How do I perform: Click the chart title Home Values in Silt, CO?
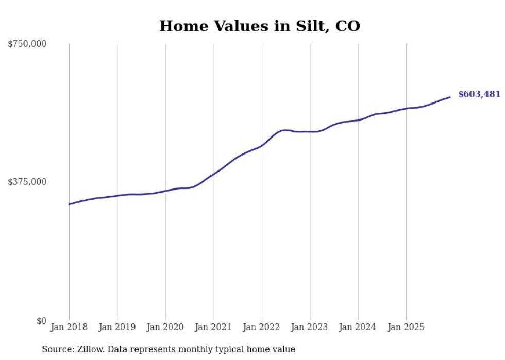(259, 26)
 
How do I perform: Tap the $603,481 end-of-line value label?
(479, 94)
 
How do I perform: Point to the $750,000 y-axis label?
(27, 44)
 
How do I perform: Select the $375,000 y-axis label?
(27, 182)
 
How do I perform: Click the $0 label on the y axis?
(41, 321)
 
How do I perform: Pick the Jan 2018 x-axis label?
(69, 327)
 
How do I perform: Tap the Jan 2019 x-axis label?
(117, 327)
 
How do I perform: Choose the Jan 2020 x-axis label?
(165, 327)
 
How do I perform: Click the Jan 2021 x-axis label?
(213, 327)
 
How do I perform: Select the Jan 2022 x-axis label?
(262, 327)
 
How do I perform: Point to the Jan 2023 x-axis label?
(310, 327)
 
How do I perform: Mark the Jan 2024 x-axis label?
(358, 327)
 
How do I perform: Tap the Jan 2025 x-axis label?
(406, 327)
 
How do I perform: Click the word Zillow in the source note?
(91, 349)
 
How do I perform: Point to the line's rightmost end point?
(450, 97)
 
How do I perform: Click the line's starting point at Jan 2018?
(69, 204)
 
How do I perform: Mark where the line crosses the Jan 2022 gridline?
(262, 146)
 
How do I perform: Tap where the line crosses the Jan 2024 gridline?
(358, 120)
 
